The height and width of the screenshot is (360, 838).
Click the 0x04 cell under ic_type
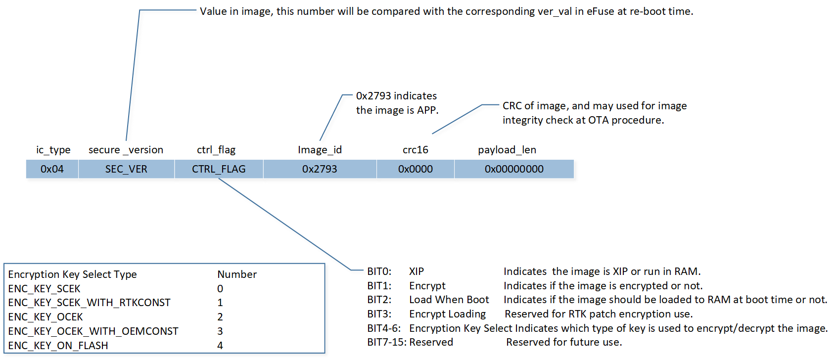52,169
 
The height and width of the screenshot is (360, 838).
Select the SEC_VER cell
126,169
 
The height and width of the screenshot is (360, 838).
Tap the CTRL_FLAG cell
219,169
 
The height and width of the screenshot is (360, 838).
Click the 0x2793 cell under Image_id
320,169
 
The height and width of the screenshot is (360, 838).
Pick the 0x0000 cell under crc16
415,169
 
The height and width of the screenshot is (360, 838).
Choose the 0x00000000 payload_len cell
514,169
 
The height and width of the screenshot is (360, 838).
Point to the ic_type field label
53,150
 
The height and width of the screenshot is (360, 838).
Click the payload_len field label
507,150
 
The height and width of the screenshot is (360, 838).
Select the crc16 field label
415,150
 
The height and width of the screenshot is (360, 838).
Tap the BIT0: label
379,271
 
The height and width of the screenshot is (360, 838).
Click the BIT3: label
379,314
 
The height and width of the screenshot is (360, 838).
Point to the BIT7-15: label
386,342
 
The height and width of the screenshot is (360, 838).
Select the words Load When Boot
449,300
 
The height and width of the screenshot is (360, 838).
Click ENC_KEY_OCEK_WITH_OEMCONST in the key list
93,331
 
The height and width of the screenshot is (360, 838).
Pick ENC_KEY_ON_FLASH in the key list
58,346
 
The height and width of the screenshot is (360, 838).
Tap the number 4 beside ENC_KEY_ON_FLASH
220,346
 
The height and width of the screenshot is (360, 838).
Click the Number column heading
237,274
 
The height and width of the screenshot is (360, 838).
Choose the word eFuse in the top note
600,11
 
